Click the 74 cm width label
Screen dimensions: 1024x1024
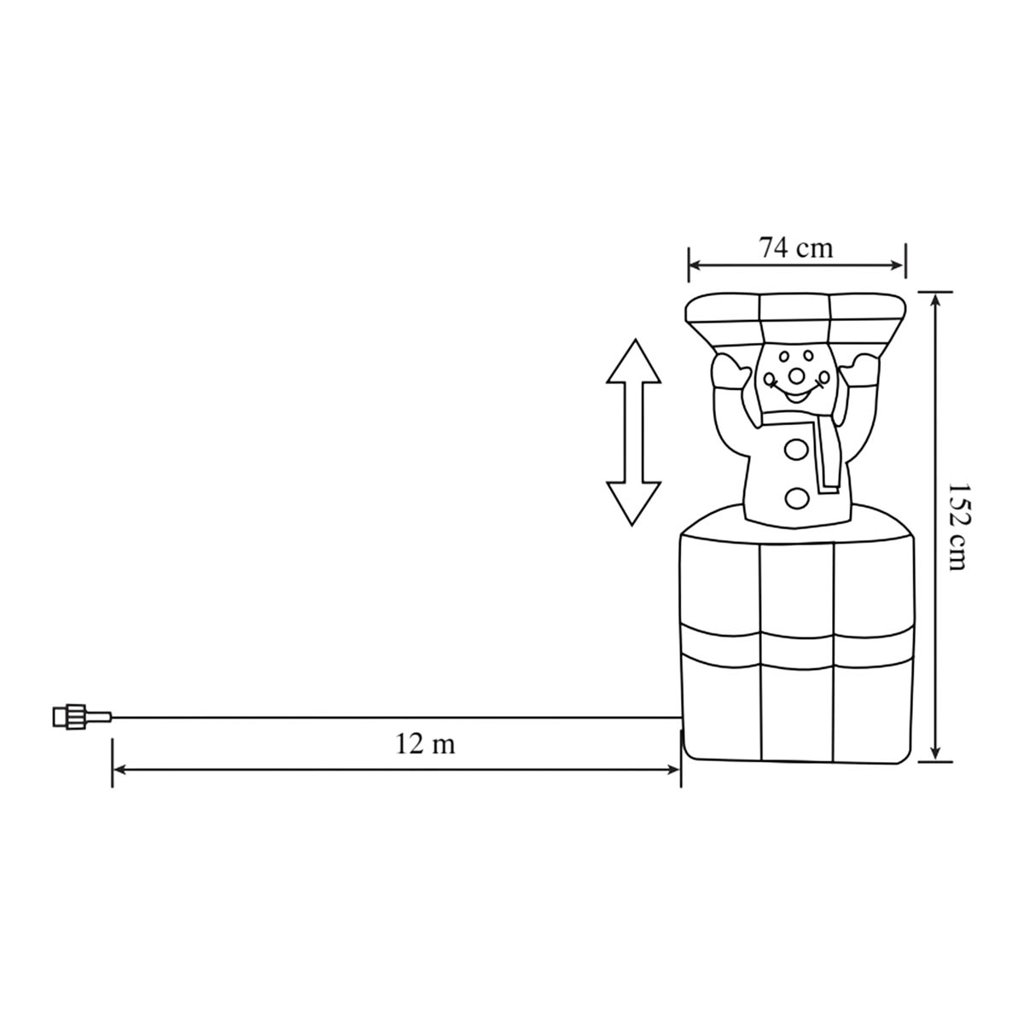tap(795, 247)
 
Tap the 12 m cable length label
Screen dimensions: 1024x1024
tap(425, 744)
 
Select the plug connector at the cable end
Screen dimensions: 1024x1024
tap(82, 717)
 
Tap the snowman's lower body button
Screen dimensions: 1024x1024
tap(795, 497)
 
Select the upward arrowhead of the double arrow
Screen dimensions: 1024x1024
tap(633, 361)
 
